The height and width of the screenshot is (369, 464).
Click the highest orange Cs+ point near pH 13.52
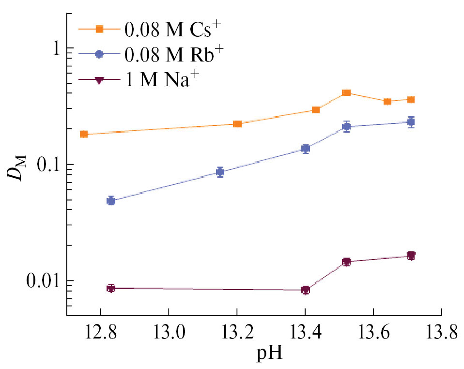[346, 92]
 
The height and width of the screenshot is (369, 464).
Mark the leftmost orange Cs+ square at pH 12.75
[84, 134]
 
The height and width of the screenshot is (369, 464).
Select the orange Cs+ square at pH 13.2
[237, 124]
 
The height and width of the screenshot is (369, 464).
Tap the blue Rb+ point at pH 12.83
[111, 200]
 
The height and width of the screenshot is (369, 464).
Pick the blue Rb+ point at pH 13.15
[220, 172]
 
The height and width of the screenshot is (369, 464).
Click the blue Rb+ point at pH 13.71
[411, 122]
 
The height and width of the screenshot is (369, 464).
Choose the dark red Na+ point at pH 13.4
[306, 290]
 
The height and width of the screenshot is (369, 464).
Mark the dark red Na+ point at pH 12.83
[111, 288]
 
